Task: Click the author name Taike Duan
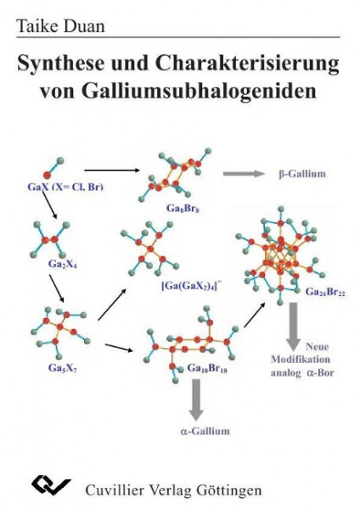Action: tap(61, 25)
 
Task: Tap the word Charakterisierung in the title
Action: tap(247, 64)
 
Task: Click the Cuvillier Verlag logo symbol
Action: tap(51, 485)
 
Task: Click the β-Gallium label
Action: tap(302, 174)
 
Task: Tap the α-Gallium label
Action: tap(205, 432)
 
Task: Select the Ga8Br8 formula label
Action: tap(183, 208)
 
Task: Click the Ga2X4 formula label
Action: tap(63, 264)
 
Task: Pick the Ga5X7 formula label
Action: tap(63, 368)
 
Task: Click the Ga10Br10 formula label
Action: tap(207, 368)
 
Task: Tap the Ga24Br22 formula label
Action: tap(325, 292)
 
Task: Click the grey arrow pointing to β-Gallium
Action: tap(244, 174)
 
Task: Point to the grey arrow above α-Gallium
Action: tap(196, 400)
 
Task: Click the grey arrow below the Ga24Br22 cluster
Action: tap(294, 327)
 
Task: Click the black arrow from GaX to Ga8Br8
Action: tap(111, 171)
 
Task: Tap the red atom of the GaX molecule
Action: tap(48, 176)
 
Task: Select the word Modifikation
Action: tap(301, 360)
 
